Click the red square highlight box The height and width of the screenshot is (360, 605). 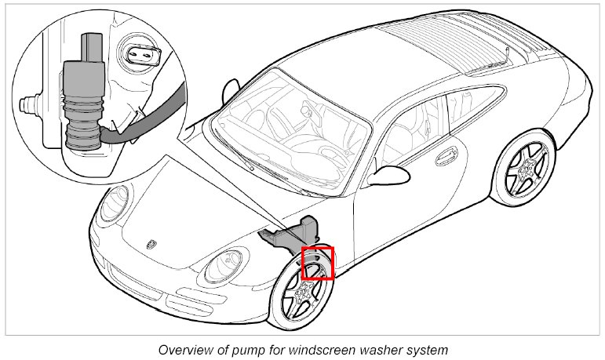tap(318, 263)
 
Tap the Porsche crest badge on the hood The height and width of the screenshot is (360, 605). tap(151, 244)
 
